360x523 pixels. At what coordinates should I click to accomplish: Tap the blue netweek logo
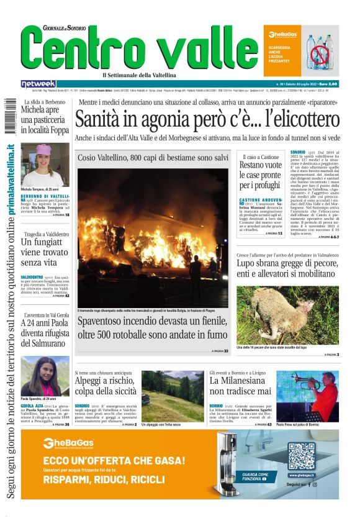[x=38, y=83]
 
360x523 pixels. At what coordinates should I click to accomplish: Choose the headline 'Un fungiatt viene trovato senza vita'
[x=44, y=251]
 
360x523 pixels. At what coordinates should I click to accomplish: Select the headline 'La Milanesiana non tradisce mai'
[x=240, y=385]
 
